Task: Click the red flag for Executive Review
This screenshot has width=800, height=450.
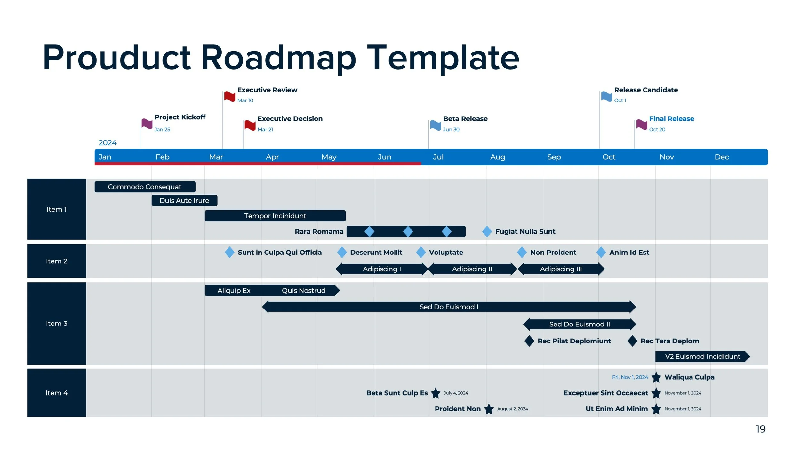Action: coord(230,96)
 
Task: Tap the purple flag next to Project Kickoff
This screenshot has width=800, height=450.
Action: coord(147,124)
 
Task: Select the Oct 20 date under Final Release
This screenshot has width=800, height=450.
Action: coord(657,129)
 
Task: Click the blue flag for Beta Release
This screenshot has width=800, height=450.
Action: coord(436,125)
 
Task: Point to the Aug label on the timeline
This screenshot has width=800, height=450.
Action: coord(498,157)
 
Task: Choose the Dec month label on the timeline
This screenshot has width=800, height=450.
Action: coord(722,157)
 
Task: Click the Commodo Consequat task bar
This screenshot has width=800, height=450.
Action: coord(145,187)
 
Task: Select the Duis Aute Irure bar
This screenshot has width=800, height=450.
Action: coord(184,200)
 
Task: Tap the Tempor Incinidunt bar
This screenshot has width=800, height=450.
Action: coord(275,216)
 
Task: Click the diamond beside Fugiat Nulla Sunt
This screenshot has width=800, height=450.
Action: coord(487,231)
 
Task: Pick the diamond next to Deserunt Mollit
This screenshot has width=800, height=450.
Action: coord(342,252)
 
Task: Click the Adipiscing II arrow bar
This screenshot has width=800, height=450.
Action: coord(472,269)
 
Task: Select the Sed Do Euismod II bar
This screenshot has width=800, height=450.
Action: coord(579,324)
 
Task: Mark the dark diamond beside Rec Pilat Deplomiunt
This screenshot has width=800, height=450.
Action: coord(529,341)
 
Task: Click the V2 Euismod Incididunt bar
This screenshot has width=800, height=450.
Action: coord(702,356)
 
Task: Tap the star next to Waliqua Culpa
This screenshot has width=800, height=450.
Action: coord(656,377)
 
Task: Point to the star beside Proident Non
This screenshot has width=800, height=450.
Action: coord(489,409)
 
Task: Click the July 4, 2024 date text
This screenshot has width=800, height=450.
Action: coord(456,393)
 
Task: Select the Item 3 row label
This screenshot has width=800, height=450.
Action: coord(57,323)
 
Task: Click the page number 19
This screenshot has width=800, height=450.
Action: coord(761,429)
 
